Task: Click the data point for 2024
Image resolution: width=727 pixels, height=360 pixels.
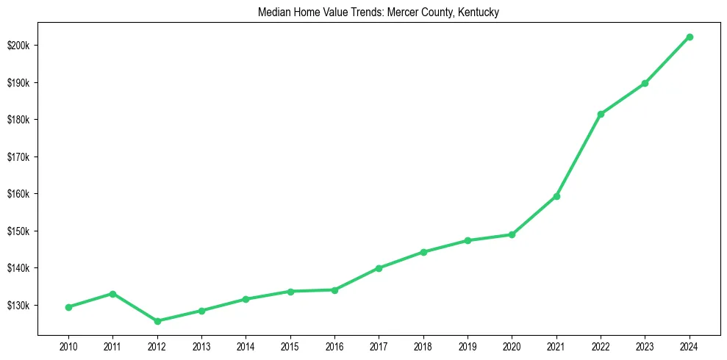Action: pyautogui.click(x=690, y=37)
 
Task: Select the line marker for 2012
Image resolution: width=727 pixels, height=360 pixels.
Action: pyautogui.click(x=157, y=321)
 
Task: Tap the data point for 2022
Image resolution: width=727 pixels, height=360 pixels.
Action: pyautogui.click(x=601, y=114)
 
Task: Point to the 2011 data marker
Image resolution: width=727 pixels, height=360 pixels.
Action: pyautogui.click(x=112, y=294)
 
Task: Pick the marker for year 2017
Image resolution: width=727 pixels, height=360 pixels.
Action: pyautogui.click(x=379, y=268)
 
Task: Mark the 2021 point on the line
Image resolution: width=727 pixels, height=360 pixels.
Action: pyautogui.click(x=556, y=196)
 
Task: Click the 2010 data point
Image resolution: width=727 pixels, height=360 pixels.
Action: pyautogui.click(x=68, y=307)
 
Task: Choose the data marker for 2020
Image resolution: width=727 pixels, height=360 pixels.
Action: pyautogui.click(x=512, y=234)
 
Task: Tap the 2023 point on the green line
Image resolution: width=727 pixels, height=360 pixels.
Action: pyautogui.click(x=645, y=83)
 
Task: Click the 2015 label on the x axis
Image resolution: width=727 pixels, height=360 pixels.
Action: pyautogui.click(x=290, y=346)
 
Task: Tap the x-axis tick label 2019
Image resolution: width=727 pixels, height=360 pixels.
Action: pyautogui.click(x=468, y=346)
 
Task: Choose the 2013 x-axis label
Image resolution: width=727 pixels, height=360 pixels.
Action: pyautogui.click(x=201, y=346)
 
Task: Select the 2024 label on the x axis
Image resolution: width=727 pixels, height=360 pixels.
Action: pyautogui.click(x=690, y=346)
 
